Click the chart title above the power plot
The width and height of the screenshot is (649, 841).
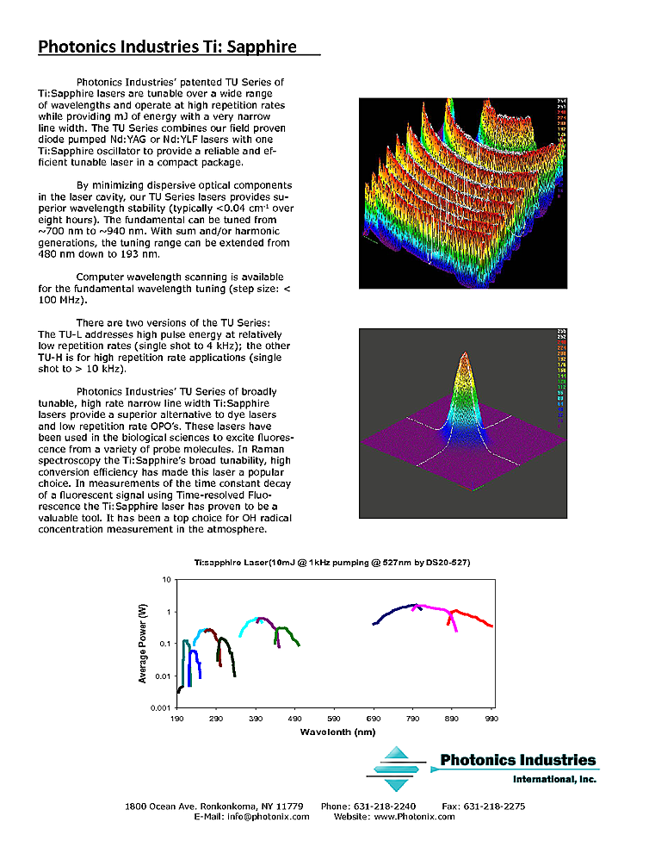pyautogui.click(x=331, y=562)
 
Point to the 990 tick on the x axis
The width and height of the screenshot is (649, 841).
pyautogui.click(x=491, y=718)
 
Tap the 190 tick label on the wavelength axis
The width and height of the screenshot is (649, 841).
pyautogui.click(x=177, y=718)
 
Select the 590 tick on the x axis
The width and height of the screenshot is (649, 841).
pyautogui.click(x=334, y=718)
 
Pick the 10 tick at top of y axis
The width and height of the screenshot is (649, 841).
pyautogui.click(x=165, y=580)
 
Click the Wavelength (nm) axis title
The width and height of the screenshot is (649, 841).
pyautogui.click(x=337, y=732)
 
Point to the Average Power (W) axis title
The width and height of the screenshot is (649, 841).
pyautogui.click(x=143, y=644)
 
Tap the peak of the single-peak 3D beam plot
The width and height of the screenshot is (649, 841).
pyautogui.click(x=465, y=355)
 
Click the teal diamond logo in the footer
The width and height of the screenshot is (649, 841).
pyautogui.click(x=399, y=769)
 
